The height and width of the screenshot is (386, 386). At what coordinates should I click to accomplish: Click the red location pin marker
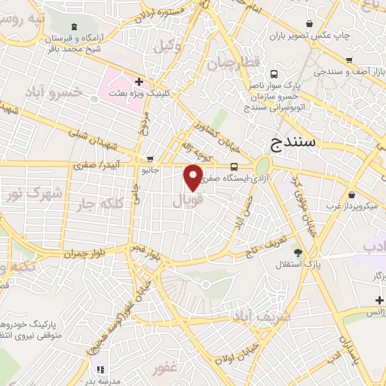[193, 177]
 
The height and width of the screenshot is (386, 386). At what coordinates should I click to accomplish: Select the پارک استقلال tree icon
[298, 253]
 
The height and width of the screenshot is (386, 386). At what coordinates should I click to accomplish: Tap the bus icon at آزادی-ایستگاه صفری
[234, 166]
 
